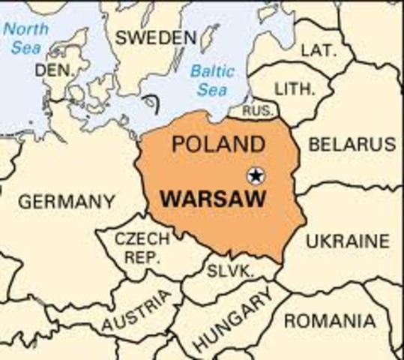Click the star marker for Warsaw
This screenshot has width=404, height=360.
tap(256, 175)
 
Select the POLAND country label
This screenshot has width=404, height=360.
tap(218, 143)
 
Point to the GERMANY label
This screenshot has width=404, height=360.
tap(67, 202)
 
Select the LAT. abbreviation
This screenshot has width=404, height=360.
tap(318, 50)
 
